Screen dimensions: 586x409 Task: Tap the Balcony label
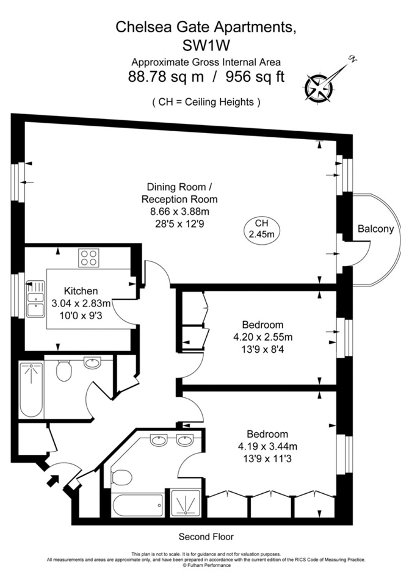[x=375, y=228]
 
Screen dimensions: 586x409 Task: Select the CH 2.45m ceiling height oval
[x=261, y=228]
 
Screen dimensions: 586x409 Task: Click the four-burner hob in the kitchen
[x=89, y=258]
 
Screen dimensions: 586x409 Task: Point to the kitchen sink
[x=34, y=297]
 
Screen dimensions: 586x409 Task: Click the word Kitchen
[x=81, y=291]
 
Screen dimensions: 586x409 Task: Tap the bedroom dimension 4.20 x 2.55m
[x=262, y=336]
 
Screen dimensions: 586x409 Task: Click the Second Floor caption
[x=206, y=537]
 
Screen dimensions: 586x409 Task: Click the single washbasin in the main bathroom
[x=93, y=364]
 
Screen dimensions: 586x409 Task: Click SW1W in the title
[x=206, y=44]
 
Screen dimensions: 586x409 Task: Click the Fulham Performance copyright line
[x=206, y=565]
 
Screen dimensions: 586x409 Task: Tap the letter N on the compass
[x=351, y=59]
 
